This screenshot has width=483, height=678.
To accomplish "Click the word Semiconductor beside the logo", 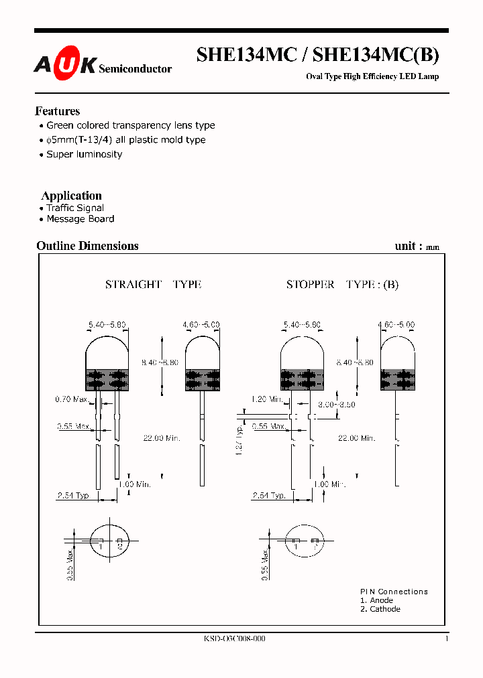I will click(x=135, y=69).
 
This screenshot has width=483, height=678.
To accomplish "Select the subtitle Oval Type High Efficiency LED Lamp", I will click(x=372, y=76).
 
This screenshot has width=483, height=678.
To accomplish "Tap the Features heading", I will click(x=57, y=111).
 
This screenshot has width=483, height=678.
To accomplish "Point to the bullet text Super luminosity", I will click(x=84, y=154).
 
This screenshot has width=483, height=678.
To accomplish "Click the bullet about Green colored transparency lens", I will click(x=130, y=125).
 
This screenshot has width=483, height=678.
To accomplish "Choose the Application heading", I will click(x=71, y=196).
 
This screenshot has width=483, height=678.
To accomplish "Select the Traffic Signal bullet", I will click(x=74, y=208).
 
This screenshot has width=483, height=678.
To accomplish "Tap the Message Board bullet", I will click(x=80, y=219).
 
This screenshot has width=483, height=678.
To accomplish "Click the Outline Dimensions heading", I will click(x=87, y=246).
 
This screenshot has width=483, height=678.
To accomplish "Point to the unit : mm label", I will click(x=417, y=247).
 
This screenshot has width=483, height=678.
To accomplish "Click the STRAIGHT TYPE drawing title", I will click(x=153, y=284).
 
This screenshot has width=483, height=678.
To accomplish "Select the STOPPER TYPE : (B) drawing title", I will click(x=342, y=284).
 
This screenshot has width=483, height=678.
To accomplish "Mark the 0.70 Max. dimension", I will click(x=71, y=399).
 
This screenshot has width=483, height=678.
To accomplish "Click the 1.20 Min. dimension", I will click(x=267, y=399).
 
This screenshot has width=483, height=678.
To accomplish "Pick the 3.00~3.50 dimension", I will click(x=336, y=405).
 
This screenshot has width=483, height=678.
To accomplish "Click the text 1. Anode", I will click(x=376, y=600).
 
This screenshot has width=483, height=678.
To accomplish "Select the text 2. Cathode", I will click(x=380, y=609).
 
